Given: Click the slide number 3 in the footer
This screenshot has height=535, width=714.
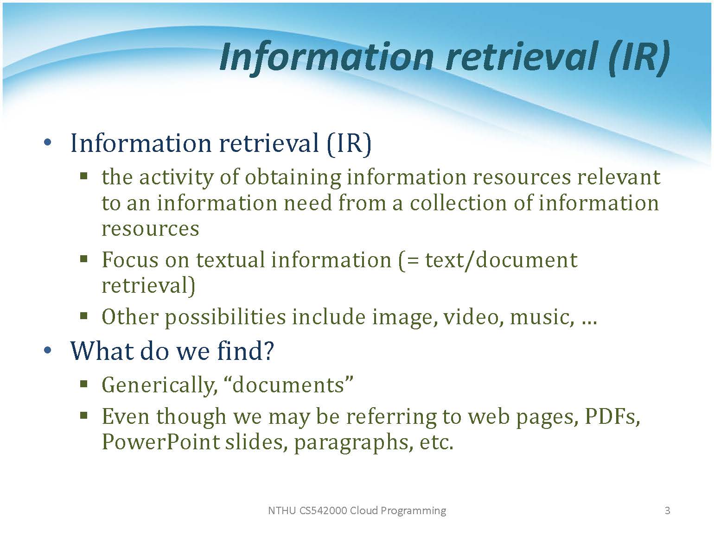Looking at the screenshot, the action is [x=667, y=511].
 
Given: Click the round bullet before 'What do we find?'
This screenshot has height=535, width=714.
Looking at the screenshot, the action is [x=48, y=350].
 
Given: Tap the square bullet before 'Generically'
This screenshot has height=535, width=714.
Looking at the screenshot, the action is [x=84, y=384].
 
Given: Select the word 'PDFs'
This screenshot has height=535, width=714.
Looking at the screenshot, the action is [x=612, y=417].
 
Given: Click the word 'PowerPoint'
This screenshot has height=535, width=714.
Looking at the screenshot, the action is [x=161, y=442].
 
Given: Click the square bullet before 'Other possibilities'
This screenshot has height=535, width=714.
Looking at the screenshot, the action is [x=84, y=316].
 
